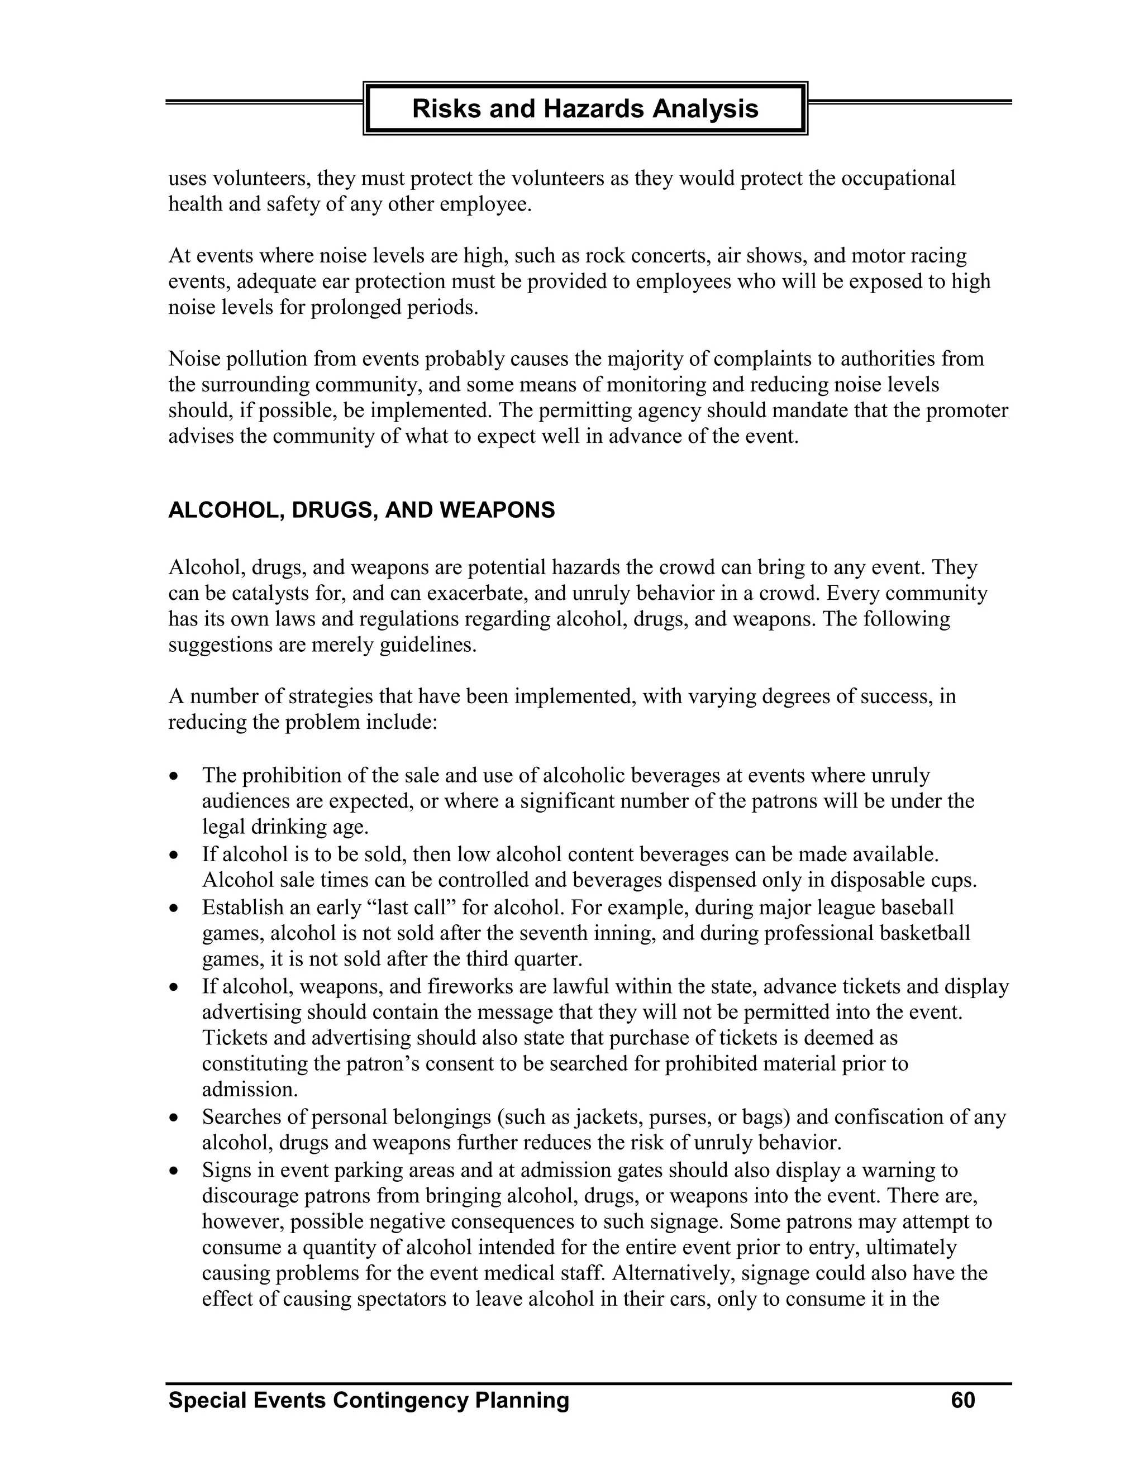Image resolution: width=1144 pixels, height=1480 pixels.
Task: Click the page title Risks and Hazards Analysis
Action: [x=585, y=108]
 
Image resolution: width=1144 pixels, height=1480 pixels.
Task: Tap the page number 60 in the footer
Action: [x=962, y=1400]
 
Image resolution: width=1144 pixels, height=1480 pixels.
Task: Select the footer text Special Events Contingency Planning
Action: [x=369, y=1400]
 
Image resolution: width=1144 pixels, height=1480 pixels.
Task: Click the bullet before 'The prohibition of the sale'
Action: [x=175, y=775]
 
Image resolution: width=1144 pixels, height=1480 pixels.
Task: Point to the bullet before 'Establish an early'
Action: [x=175, y=908]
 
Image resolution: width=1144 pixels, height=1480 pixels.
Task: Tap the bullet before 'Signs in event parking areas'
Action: [x=175, y=1170]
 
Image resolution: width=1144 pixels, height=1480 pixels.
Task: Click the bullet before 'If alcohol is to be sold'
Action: [x=175, y=854]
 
